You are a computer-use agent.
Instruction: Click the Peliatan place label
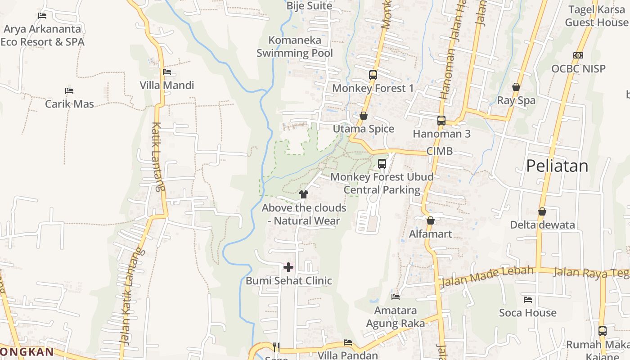pyautogui.click(x=557, y=166)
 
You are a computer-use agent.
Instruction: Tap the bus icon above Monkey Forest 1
pyautogui.click(x=373, y=75)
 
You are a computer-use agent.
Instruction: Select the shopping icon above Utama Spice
pyautogui.click(x=364, y=116)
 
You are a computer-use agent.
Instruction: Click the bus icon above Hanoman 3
pyautogui.click(x=441, y=121)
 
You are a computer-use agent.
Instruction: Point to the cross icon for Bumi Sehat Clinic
pyautogui.click(x=288, y=268)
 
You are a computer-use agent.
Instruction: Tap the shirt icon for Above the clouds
pyautogui.click(x=304, y=194)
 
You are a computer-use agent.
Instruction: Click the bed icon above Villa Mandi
pyautogui.click(x=167, y=72)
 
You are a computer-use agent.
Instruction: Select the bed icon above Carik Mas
pyautogui.click(x=69, y=91)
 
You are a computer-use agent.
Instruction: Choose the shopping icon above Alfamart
pyautogui.click(x=431, y=221)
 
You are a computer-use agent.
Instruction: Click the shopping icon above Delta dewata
pyautogui.click(x=542, y=211)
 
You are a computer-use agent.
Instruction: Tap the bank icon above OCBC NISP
pyautogui.click(x=578, y=55)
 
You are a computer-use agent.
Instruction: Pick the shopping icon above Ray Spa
pyautogui.click(x=516, y=87)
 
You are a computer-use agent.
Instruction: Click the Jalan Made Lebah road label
pyautogui.click(x=487, y=276)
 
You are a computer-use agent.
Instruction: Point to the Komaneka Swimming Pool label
pyautogui.click(x=295, y=46)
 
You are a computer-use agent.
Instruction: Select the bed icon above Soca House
pyautogui.click(x=528, y=300)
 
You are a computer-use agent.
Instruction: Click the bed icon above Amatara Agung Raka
pyautogui.click(x=396, y=297)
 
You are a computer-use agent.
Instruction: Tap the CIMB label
pyautogui.click(x=439, y=151)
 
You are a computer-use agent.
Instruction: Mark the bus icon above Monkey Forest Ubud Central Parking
pyautogui.click(x=382, y=164)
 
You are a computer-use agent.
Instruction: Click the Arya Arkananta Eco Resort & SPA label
pyautogui.click(x=42, y=36)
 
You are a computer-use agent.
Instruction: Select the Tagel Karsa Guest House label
pyautogui.click(x=597, y=16)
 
